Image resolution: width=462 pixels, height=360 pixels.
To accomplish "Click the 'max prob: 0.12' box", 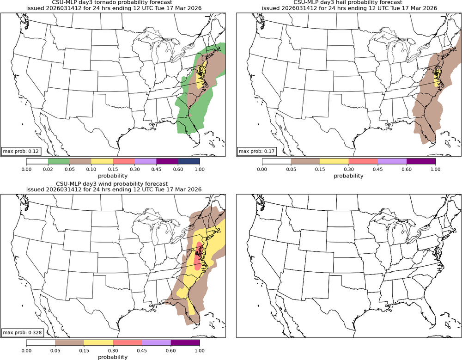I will [x=21, y=151].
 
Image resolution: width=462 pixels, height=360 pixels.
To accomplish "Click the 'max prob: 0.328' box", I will [x=22, y=332].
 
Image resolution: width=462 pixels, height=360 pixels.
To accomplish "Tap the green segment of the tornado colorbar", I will [x=59, y=161].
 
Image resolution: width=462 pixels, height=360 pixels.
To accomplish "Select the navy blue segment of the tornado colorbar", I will [x=189, y=161].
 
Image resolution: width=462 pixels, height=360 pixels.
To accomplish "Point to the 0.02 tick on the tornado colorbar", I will [x=48, y=169].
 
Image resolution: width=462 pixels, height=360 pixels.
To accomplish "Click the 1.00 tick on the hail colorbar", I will [x=435, y=169].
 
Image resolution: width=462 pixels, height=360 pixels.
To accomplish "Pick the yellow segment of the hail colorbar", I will [x=334, y=161].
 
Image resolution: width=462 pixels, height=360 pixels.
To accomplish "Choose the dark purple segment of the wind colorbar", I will [x=185, y=342].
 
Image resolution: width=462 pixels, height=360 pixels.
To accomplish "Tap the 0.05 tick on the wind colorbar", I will [x=55, y=350].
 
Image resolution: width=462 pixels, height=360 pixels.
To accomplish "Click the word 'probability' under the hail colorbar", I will [x=348, y=176].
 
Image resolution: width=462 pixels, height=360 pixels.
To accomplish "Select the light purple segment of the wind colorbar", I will [x=156, y=342].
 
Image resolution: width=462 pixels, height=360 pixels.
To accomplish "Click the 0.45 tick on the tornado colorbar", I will [x=157, y=169].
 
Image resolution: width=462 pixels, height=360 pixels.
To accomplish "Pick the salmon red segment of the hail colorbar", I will [x=363, y=161].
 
